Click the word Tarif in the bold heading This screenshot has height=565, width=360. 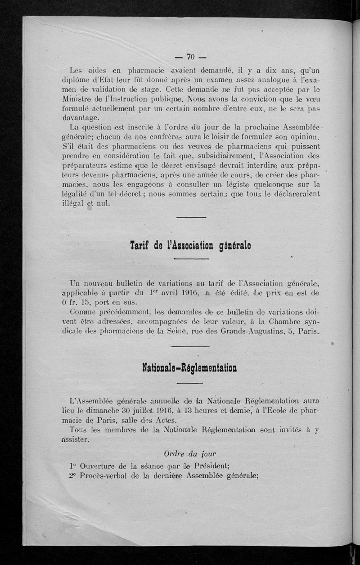click(139, 246)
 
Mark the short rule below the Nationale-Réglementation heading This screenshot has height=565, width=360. click(189, 383)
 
